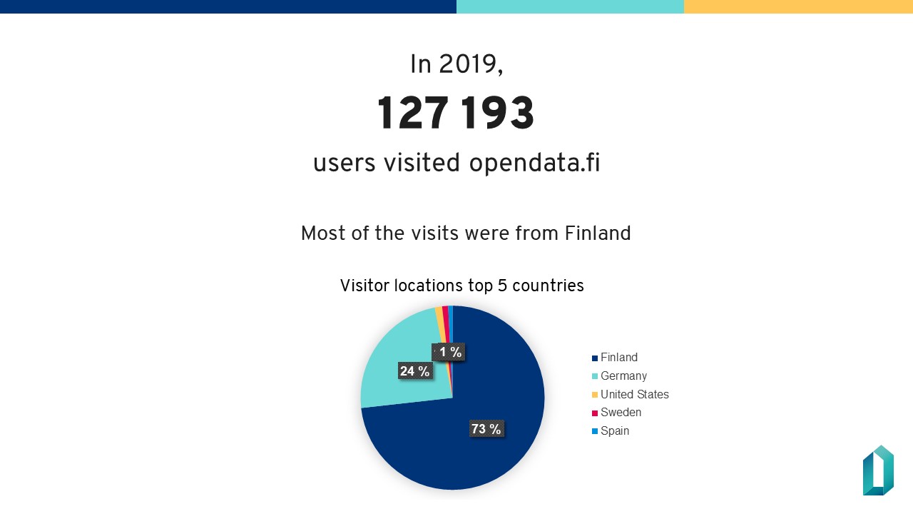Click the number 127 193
click(x=456, y=114)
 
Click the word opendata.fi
click(x=534, y=163)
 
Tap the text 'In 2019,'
click(x=456, y=64)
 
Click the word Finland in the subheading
click(x=598, y=233)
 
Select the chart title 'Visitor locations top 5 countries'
click(x=461, y=286)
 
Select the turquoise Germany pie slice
click(x=399, y=350)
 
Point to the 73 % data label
click(x=486, y=429)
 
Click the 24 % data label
click(x=414, y=371)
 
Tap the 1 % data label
click(x=450, y=352)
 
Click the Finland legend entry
click(x=618, y=358)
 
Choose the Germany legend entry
click(x=623, y=376)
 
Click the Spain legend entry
click(x=614, y=431)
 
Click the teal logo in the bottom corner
click(x=878, y=470)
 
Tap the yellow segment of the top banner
click(x=798, y=6)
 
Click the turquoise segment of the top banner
click(x=570, y=6)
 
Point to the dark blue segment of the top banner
click(x=228, y=6)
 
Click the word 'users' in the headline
click(x=345, y=163)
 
